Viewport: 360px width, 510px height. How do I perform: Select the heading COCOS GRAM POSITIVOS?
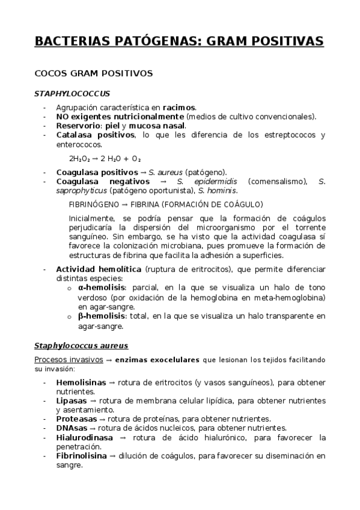click(x=94, y=74)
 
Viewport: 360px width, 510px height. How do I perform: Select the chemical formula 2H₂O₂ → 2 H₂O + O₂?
click(x=105, y=159)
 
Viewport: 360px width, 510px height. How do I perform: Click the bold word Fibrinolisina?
click(x=81, y=456)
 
